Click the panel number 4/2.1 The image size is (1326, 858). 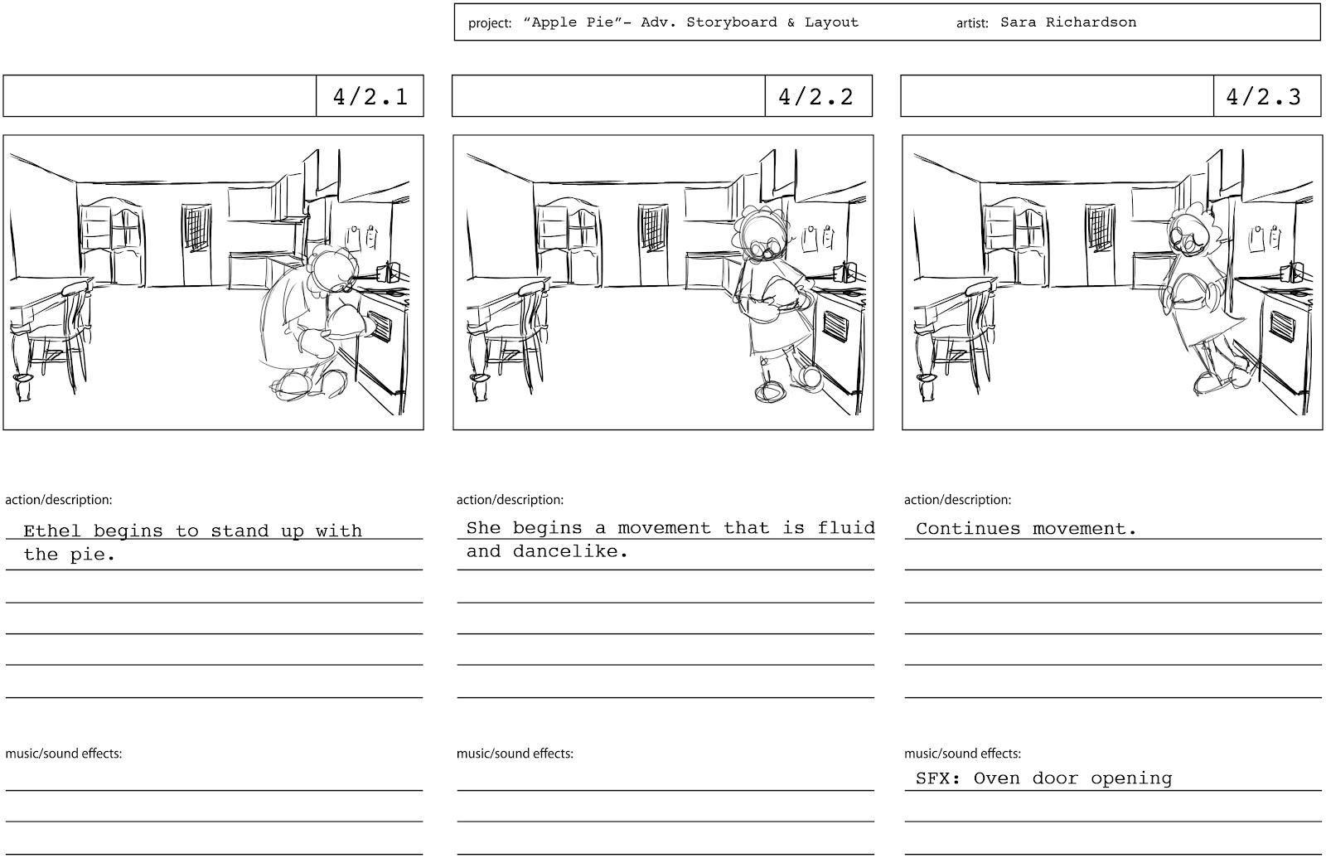[x=370, y=97]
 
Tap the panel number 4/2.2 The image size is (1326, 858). [x=815, y=97]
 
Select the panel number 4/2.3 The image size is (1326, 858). [x=1263, y=97]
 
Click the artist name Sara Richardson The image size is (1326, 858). [x=1067, y=22]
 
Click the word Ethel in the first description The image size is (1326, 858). [x=51, y=531]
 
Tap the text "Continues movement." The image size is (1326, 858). [x=1026, y=528]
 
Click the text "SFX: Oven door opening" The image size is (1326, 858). [x=1043, y=778]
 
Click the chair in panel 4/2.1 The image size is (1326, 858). [x=65, y=332]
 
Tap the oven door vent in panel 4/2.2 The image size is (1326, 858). [x=834, y=326]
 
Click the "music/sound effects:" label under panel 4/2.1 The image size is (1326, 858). [x=64, y=754]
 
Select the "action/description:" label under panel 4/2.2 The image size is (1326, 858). [x=510, y=500]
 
